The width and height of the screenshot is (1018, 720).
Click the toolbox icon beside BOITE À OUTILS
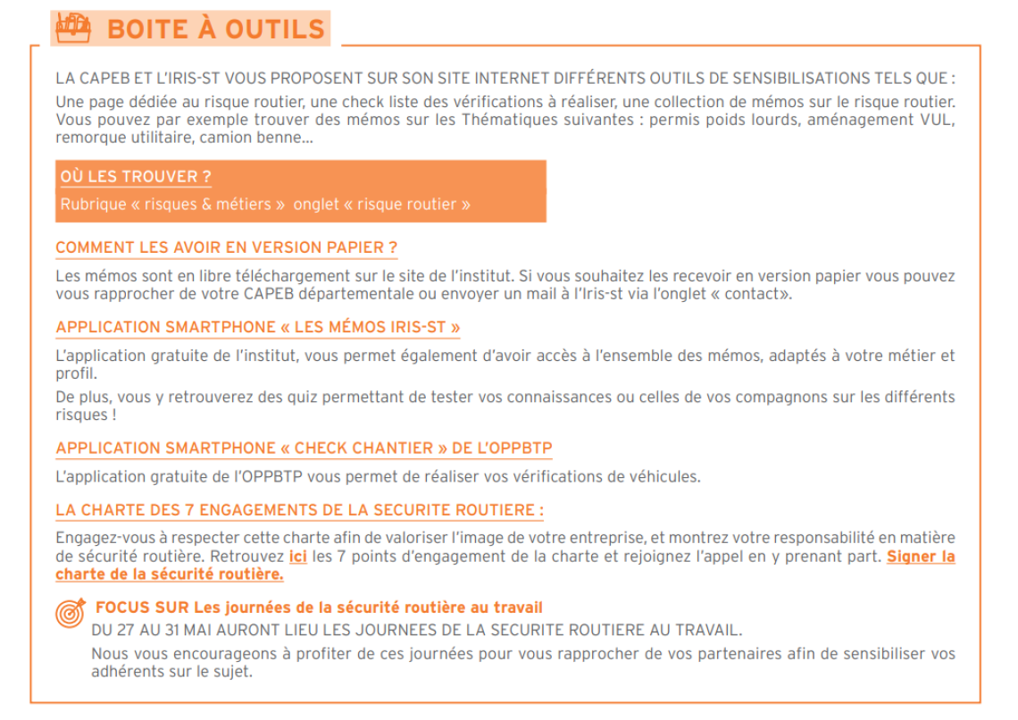pyautogui.click(x=73, y=28)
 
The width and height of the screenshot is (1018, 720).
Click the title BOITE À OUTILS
pyautogui.click(x=215, y=29)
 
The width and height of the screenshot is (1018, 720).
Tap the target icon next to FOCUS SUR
pyautogui.click(x=71, y=612)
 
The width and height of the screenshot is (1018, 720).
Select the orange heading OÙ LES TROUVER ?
pyautogui.click(x=136, y=177)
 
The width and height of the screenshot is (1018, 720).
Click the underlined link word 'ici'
pyautogui.click(x=298, y=557)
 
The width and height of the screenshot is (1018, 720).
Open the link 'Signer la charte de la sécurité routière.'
pyautogui.click(x=920, y=557)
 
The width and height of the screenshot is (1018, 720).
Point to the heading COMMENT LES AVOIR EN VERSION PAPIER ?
pyautogui.click(x=226, y=247)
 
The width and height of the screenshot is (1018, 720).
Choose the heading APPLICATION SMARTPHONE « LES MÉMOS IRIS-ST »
pyautogui.click(x=258, y=327)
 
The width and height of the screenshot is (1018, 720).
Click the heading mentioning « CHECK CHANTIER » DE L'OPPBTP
pyautogui.click(x=305, y=448)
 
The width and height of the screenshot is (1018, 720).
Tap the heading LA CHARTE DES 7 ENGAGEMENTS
pyautogui.click(x=299, y=510)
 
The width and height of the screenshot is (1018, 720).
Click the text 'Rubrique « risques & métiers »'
pyautogui.click(x=172, y=205)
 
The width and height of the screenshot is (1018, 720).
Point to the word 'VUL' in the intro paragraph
pyautogui.click(x=938, y=120)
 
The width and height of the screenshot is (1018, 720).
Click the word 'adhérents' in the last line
pyautogui.click(x=125, y=671)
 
